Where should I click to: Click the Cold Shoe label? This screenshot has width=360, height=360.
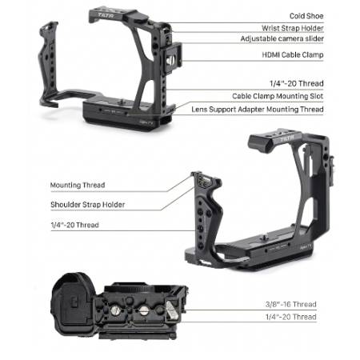point(306,16)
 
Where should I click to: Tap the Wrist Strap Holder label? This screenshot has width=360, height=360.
point(293,28)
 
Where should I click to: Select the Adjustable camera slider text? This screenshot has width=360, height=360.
point(282,38)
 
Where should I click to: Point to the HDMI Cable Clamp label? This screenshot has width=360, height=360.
point(293,55)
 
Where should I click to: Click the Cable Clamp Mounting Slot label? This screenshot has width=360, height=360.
point(278,96)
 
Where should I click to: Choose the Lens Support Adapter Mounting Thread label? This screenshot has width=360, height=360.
point(258,110)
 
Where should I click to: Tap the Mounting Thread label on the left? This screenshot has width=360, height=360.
point(78,185)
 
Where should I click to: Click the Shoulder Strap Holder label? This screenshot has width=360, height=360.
point(88,205)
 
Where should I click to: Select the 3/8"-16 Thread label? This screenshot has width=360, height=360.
point(291,304)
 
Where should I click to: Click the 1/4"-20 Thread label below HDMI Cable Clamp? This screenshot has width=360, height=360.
point(297,83)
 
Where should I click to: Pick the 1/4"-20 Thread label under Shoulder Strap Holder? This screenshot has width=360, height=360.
point(74,225)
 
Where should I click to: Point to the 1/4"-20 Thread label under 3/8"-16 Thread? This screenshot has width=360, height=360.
point(291,317)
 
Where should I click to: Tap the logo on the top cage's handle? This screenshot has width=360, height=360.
point(106,15)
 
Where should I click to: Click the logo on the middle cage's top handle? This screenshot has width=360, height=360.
point(286,138)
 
